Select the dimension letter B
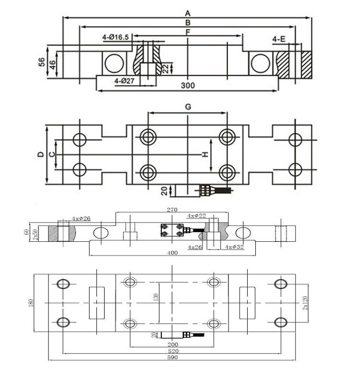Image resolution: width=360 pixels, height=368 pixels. point(188,23)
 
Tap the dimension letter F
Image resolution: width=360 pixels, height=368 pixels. point(188,32)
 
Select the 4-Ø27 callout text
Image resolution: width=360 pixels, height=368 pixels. point(126,81)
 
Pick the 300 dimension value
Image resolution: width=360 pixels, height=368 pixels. point(188,85)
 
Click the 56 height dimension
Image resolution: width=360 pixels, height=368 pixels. point(42,62)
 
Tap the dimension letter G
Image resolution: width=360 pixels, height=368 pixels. point(188,107)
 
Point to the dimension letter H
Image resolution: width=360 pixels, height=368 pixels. point(204,154)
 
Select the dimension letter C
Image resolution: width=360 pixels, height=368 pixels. point(52,154)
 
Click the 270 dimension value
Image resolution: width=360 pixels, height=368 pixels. point(172,210)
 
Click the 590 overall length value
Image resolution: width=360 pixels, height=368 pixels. point(172,357)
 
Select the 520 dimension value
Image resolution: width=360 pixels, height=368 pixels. point(172,351)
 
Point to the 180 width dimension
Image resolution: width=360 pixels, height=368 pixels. point(32,302)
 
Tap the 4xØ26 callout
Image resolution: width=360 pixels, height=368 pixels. point(81,219)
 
